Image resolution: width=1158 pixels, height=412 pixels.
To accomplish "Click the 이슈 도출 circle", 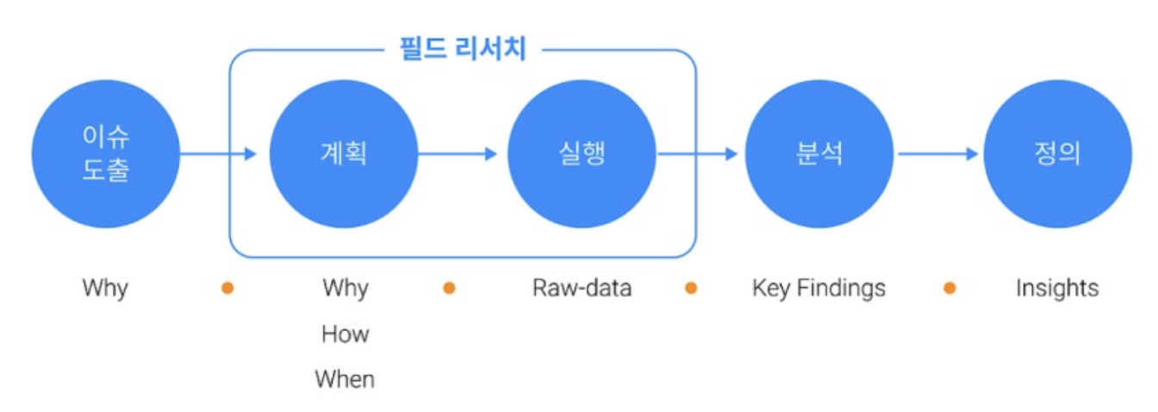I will tap(105, 154).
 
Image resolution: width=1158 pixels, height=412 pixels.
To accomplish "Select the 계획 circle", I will tap(344, 154).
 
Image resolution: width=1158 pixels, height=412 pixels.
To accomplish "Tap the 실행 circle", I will tap(582, 154).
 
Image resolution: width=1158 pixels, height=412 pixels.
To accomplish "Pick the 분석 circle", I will tap(819, 154).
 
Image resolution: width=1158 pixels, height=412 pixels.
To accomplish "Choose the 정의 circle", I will tap(1057, 154).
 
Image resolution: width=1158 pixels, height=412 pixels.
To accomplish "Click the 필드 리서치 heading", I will tap(463, 48).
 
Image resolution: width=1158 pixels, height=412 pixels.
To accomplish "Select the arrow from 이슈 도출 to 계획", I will tap(219, 154).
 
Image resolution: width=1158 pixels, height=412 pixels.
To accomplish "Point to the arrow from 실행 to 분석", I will tap(698, 154).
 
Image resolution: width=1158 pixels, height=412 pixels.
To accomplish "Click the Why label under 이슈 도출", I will tap(105, 288).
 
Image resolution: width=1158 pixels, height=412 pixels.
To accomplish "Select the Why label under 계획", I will tap(345, 288).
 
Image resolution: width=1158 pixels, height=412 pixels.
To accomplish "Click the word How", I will tap(345, 334).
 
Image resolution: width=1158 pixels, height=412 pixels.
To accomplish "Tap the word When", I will tap(345, 379).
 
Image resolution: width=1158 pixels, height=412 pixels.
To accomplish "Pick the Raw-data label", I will tap(582, 288).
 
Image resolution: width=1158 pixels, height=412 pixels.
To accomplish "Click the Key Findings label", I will tap(819, 288).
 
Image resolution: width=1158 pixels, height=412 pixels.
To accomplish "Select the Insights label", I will tap(1057, 288).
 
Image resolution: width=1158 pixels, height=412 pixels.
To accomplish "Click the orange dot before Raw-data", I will tap(449, 288).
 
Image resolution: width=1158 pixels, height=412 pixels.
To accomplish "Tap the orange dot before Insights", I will tap(949, 288).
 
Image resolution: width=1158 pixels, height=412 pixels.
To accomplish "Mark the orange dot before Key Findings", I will tap(690, 288).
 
